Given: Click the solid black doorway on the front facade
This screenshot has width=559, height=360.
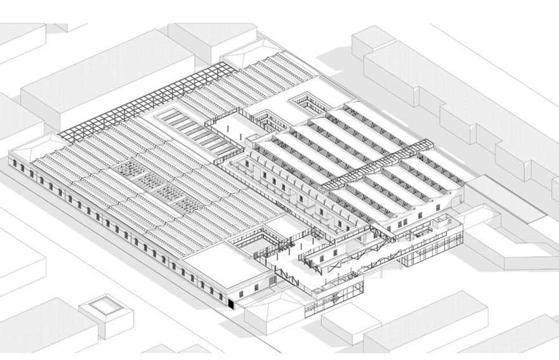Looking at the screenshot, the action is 233,305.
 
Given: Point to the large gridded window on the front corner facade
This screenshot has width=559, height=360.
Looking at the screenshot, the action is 272,279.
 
